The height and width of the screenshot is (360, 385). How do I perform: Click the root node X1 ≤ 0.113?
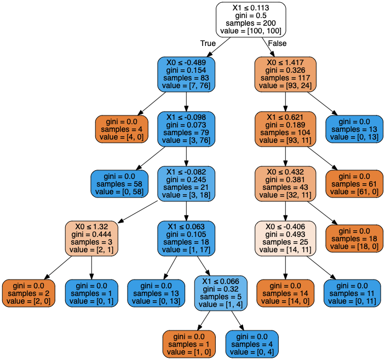[251, 19]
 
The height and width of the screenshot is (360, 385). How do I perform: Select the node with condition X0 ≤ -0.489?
[186, 74]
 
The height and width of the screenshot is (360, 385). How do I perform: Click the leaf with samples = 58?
[117, 183]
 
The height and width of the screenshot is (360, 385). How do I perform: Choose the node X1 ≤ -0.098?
[186, 129]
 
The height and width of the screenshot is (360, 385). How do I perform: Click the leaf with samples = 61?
[353, 183]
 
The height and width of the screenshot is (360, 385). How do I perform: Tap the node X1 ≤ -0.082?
[186, 183]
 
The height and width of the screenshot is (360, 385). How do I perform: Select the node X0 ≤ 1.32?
[91, 238]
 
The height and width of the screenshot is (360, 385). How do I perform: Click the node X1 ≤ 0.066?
[221, 293]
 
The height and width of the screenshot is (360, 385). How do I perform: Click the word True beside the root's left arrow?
[208, 43]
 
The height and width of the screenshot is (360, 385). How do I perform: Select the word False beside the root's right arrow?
[277, 43]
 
